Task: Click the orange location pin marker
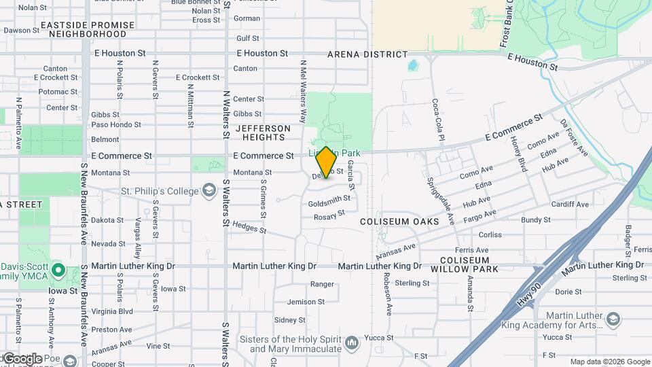point(326,162)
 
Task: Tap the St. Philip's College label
point(160,192)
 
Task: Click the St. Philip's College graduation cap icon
point(209,190)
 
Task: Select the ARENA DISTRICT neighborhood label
point(367,54)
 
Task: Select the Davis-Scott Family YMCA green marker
point(58,272)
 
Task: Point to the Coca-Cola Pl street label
point(437,120)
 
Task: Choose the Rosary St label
point(329,215)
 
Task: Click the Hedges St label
point(249,227)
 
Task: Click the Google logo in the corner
point(22,359)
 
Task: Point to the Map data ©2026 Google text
point(609,362)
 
